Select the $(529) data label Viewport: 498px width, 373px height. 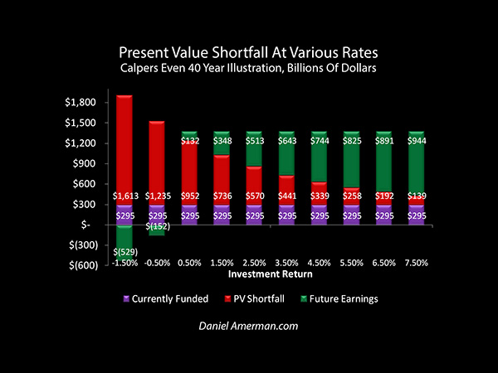[124, 252]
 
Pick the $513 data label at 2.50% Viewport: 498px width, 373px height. [254, 142]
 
